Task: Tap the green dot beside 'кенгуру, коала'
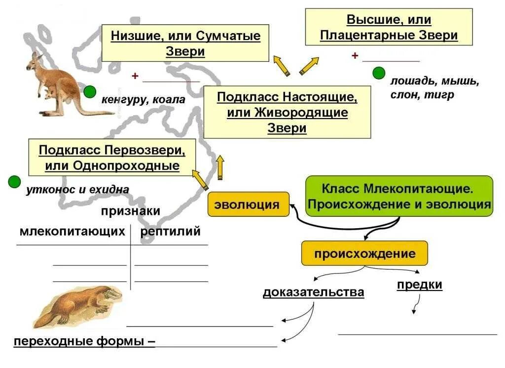pyautogui.click(x=90, y=91)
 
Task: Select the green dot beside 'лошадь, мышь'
pyautogui.click(x=379, y=74)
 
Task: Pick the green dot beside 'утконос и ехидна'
pyautogui.click(x=14, y=182)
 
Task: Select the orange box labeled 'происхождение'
pyautogui.click(x=364, y=254)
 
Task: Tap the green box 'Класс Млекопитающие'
pyautogui.click(x=399, y=196)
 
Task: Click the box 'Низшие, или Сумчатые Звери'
pyautogui.click(x=185, y=43)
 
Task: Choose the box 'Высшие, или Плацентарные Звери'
pyautogui.click(x=389, y=28)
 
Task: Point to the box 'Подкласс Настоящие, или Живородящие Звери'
pyautogui.click(x=287, y=112)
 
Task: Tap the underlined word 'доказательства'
pyautogui.click(x=313, y=292)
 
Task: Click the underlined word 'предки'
pyautogui.click(x=419, y=285)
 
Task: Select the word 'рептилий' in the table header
pyautogui.click(x=171, y=231)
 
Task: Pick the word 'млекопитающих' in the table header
pyautogui.click(x=72, y=231)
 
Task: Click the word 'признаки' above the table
pyautogui.click(x=131, y=211)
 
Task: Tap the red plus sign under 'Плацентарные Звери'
pyautogui.click(x=355, y=56)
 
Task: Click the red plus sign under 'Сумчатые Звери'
pyautogui.click(x=134, y=76)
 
